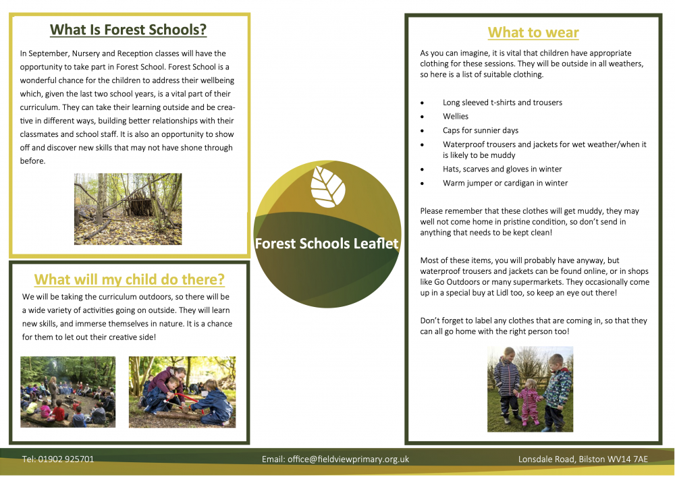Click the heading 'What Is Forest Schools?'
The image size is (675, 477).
(x=128, y=30)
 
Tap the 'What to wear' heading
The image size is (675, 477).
(x=533, y=32)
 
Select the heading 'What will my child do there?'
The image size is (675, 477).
(x=129, y=279)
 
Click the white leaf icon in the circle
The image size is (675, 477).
(x=328, y=187)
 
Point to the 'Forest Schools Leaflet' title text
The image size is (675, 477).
(x=327, y=244)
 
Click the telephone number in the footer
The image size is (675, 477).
(x=58, y=459)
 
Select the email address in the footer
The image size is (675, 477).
(x=335, y=459)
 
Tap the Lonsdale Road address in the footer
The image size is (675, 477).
(x=583, y=459)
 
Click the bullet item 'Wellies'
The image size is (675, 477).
(x=456, y=117)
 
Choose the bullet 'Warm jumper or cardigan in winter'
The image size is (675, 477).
(x=505, y=183)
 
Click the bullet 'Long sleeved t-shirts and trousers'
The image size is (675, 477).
(x=502, y=103)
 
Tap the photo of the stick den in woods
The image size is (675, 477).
(x=128, y=208)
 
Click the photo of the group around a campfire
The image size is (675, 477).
(x=67, y=391)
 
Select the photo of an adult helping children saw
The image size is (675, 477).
(x=182, y=391)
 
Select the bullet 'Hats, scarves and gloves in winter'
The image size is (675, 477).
(x=502, y=169)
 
